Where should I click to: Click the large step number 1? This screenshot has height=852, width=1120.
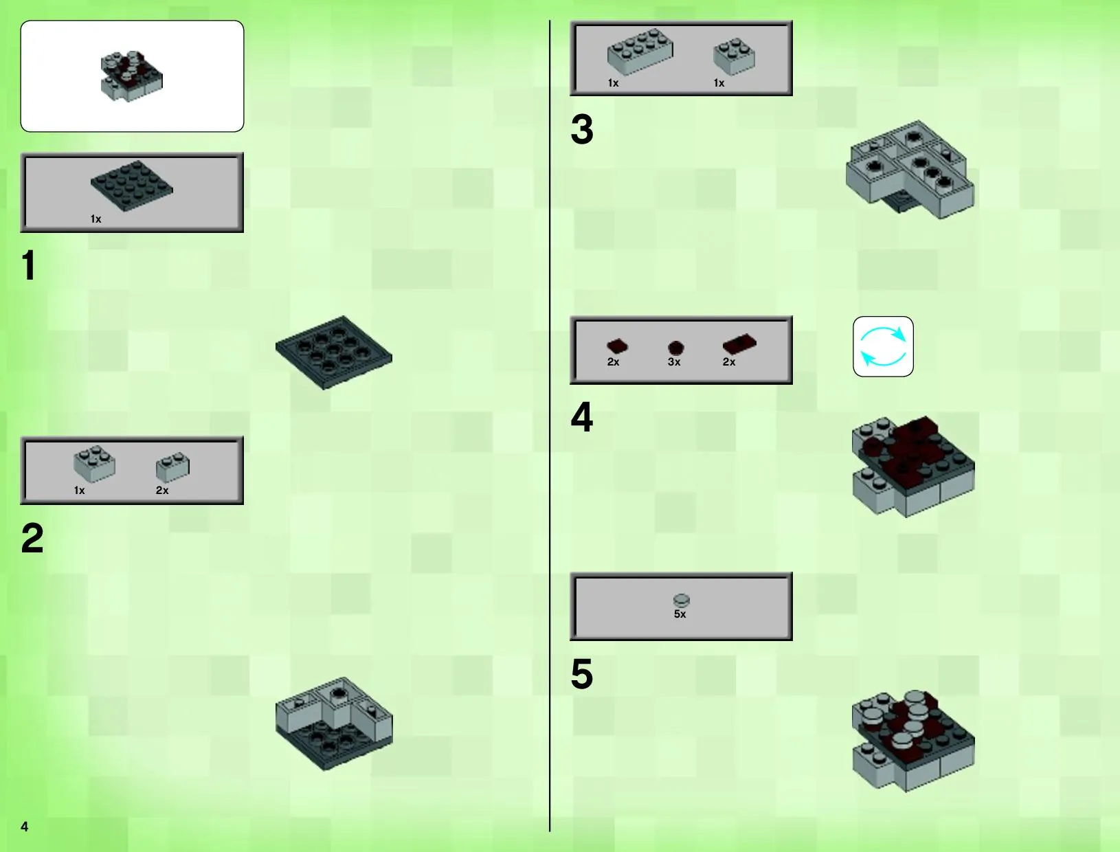(29, 265)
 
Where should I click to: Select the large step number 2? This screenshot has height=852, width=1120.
(32, 538)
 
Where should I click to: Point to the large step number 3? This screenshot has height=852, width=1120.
(582, 129)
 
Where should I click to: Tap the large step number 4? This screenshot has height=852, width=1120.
(582, 417)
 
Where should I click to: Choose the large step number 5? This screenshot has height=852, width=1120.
(582, 674)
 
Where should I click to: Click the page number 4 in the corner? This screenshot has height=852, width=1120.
(25, 827)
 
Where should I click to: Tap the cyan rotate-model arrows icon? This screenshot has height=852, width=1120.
(883, 346)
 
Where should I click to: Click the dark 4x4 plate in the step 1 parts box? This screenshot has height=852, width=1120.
(132, 186)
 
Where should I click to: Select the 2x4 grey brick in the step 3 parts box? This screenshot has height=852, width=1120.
(640, 51)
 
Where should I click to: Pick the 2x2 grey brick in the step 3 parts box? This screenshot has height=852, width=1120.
(735, 56)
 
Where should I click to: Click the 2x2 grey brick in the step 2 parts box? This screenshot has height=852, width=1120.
(94, 464)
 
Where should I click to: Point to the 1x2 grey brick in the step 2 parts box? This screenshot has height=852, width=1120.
(172, 467)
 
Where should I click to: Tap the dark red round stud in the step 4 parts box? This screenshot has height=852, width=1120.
(675, 348)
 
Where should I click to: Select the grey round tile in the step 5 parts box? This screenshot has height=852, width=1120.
(681, 600)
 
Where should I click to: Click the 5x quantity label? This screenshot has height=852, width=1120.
(680, 614)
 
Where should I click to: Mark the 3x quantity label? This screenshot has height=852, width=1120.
(674, 362)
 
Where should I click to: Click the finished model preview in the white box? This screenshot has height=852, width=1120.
(132, 76)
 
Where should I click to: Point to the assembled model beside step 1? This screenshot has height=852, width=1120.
(334, 352)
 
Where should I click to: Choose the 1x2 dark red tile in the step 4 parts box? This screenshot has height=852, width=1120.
(739, 344)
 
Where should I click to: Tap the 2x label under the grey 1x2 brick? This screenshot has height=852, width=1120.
(162, 491)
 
